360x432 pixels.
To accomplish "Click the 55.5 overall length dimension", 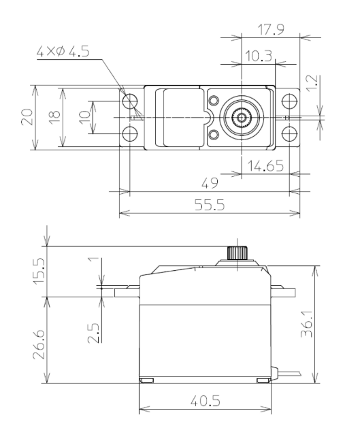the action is coord(210,205).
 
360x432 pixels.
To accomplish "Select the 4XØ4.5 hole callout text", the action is coord(63,51).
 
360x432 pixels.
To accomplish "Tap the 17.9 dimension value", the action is coord(270,29).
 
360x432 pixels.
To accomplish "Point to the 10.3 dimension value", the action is coord(259,56).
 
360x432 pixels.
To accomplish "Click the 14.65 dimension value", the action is coord(265,165).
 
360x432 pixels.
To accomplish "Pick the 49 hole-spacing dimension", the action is coord(210,183).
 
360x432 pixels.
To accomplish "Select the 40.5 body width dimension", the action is coord(206,401).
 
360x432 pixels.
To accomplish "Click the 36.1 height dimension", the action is coord(306,324).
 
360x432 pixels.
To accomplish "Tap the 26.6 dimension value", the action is coord(39,344).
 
